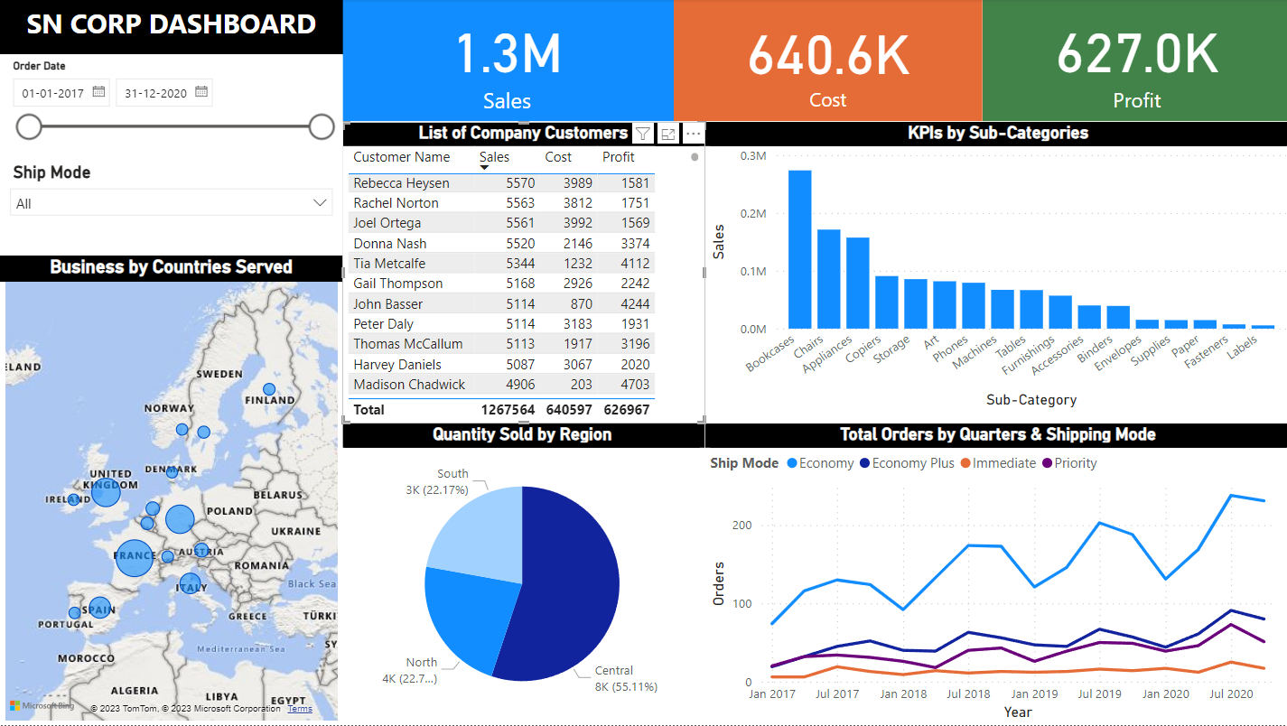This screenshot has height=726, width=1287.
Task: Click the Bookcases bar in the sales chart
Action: click(799, 249)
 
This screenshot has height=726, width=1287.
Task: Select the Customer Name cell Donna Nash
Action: click(389, 244)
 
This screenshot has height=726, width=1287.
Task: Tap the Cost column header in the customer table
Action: click(558, 157)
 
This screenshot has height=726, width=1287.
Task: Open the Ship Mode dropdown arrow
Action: click(320, 203)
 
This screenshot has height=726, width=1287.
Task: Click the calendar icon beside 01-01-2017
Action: click(99, 92)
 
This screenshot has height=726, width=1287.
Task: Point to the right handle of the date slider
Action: click(322, 127)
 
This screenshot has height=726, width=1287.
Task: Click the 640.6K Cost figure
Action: click(827, 54)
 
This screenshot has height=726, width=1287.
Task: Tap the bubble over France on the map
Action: click(135, 557)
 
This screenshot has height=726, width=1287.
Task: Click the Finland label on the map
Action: click(270, 400)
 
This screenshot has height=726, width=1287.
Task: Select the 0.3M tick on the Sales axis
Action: click(752, 156)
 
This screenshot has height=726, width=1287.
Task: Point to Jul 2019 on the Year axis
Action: click(1099, 694)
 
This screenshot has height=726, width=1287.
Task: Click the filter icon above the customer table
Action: click(642, 134)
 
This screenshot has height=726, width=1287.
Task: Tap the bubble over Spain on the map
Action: click(99, 608)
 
